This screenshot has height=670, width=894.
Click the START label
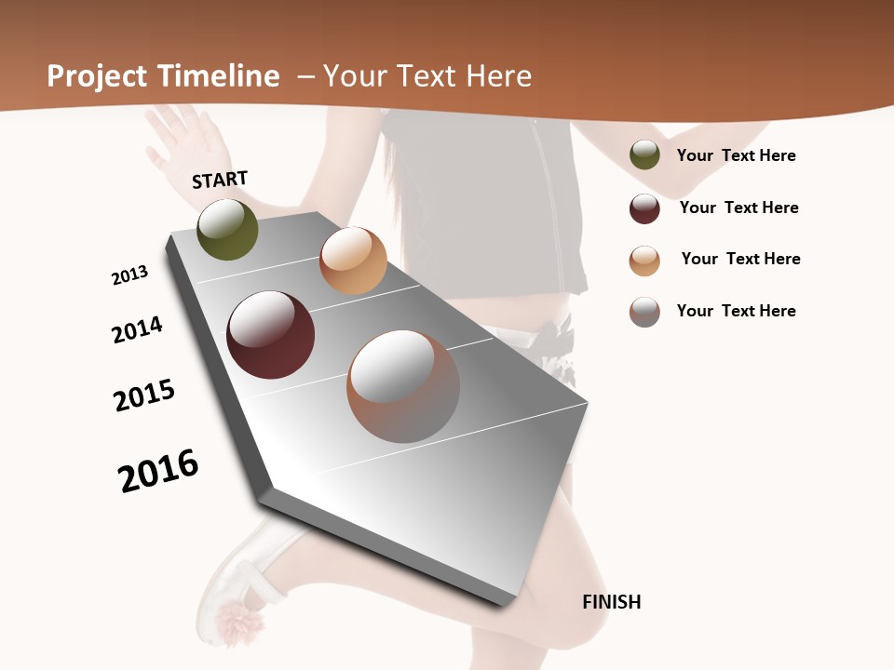tap(220, 180)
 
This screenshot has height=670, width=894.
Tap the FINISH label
tap(611, 602)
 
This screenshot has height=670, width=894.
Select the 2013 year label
tap(129, 275)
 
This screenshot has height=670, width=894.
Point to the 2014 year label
tap(137, 329)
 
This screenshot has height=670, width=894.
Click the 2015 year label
tap(144, 395)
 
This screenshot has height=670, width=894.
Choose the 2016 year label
tap(158, 471)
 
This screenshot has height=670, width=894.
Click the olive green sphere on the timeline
tap(227, 230)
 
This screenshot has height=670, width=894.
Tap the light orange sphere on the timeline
tap(353, 261)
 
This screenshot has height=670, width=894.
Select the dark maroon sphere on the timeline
tap(270, 335)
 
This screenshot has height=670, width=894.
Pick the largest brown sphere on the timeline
tap(403, 386)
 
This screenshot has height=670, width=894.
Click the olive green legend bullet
tap(644, 155)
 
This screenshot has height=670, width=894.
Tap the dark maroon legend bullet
tap(644, 208)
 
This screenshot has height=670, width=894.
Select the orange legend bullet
tap(644, 261)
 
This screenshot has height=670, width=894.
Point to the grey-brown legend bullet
tap(644, 312)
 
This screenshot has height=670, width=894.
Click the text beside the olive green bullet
tap(736, 155)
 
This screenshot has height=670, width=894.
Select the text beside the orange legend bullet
tap(740, 259)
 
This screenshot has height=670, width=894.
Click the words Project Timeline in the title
tap(163, 76)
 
